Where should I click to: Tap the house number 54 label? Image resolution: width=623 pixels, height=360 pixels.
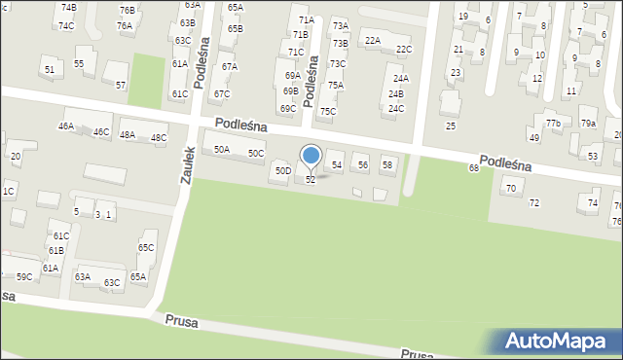337,165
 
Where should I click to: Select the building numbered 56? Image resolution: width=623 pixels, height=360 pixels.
362,165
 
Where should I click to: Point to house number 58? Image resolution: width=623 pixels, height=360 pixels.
386,165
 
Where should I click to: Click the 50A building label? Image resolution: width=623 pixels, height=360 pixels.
222,149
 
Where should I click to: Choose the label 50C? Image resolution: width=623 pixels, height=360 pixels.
255,154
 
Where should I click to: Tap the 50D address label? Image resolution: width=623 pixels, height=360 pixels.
282,171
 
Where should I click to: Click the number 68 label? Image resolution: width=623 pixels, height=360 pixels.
474,168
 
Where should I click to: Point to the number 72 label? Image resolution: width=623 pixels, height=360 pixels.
533,203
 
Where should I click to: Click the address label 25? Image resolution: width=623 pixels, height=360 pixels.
451,126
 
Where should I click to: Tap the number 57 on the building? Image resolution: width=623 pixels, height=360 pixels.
121,86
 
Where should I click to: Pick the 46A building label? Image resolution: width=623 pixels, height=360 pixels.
66,126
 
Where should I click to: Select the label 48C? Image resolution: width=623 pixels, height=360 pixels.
158,138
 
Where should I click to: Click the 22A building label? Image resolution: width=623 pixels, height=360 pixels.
372,40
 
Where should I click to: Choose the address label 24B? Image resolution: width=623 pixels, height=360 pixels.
395,94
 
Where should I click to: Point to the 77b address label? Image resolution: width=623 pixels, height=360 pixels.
553,124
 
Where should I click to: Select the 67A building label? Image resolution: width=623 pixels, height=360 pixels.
229,67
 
